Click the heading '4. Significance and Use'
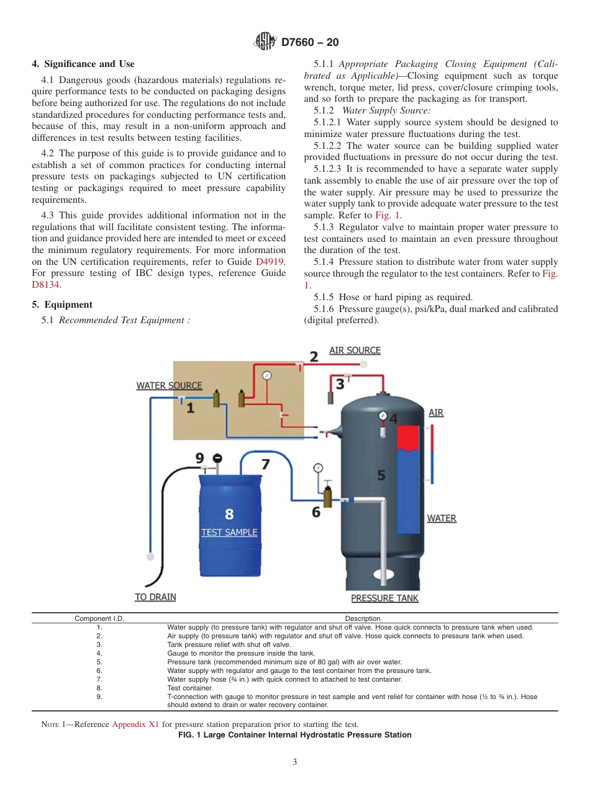(83, 64)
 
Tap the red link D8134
(46, 285)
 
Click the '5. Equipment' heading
(62, 305)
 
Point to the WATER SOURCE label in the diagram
(169, 385)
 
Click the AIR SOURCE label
(355, 350)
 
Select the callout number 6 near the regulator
(316, 512)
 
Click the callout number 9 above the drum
(199, 458)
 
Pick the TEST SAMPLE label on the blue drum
(229, 532)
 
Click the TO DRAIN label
(155, 597)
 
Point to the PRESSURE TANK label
(384, 598)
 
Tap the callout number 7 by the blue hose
(265, 463)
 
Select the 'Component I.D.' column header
(99, 618)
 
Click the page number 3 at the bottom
(295, 762)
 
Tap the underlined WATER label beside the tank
(442, 518)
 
